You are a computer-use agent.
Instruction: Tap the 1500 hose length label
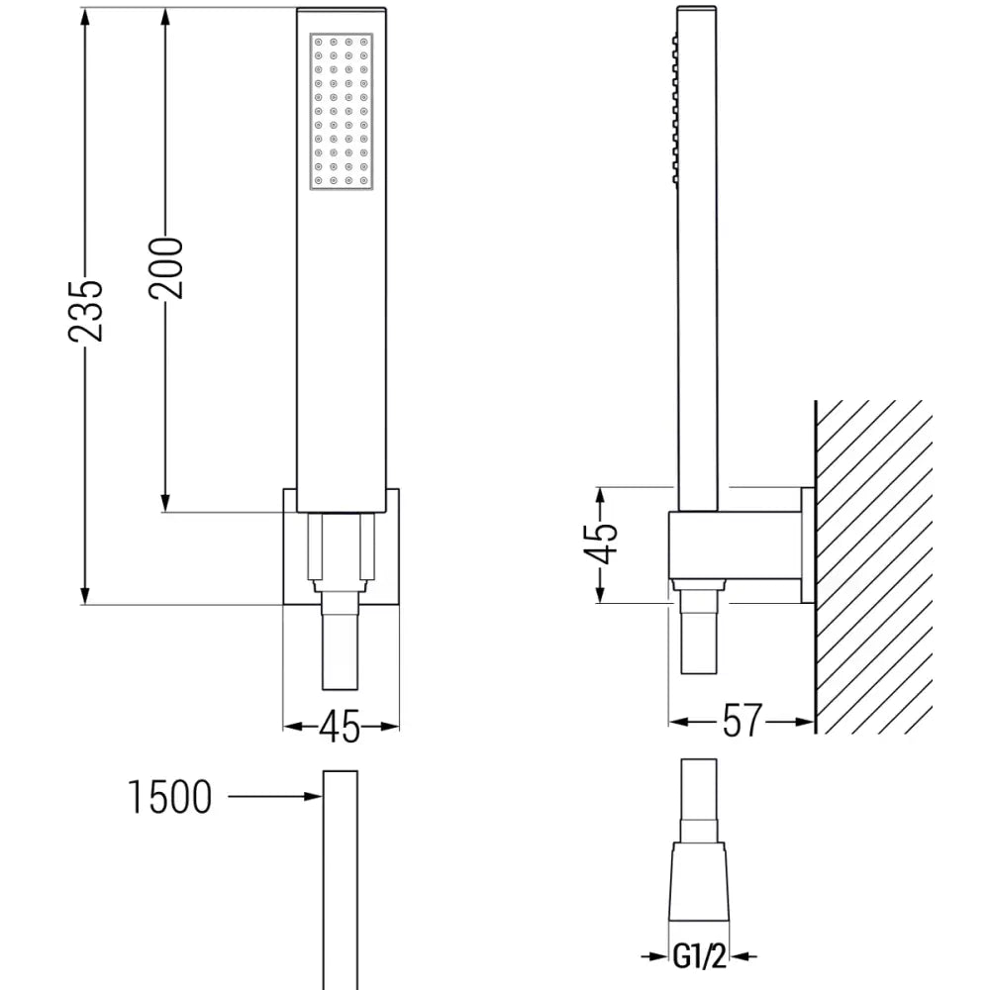pos(170,797)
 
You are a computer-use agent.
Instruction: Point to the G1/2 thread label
pos(698,958)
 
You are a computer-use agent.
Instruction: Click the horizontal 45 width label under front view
pos(341,728)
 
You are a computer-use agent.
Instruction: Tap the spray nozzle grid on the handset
pos(341,111)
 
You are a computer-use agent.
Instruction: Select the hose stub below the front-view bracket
pos(341,648)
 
